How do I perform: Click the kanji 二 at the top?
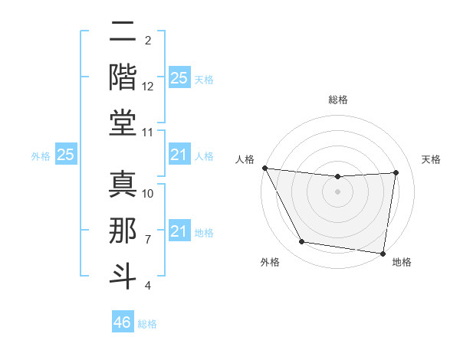pos(123,32)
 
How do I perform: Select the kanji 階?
pos(123,77)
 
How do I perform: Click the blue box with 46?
pos(123,322)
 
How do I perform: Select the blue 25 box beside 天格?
pos(179,78)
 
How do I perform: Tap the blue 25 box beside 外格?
pos(66,155)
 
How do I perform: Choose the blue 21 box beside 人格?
pos(179,155)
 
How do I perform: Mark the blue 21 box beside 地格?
pos(179,231)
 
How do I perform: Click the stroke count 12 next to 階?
pos(149,87)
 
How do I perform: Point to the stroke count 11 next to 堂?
pos(149,133)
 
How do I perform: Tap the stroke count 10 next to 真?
pos(149,194)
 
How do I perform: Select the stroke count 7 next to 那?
pos(149,240)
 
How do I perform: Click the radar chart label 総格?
pos(337,100)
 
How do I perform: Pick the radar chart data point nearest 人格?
pos(264,168)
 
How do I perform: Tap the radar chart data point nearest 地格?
pos(383,253)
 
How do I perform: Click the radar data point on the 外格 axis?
pos(301,243)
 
